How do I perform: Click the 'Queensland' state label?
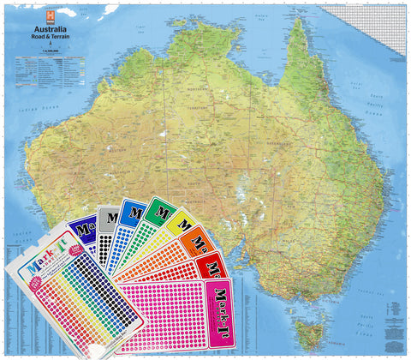tap(308, 145)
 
